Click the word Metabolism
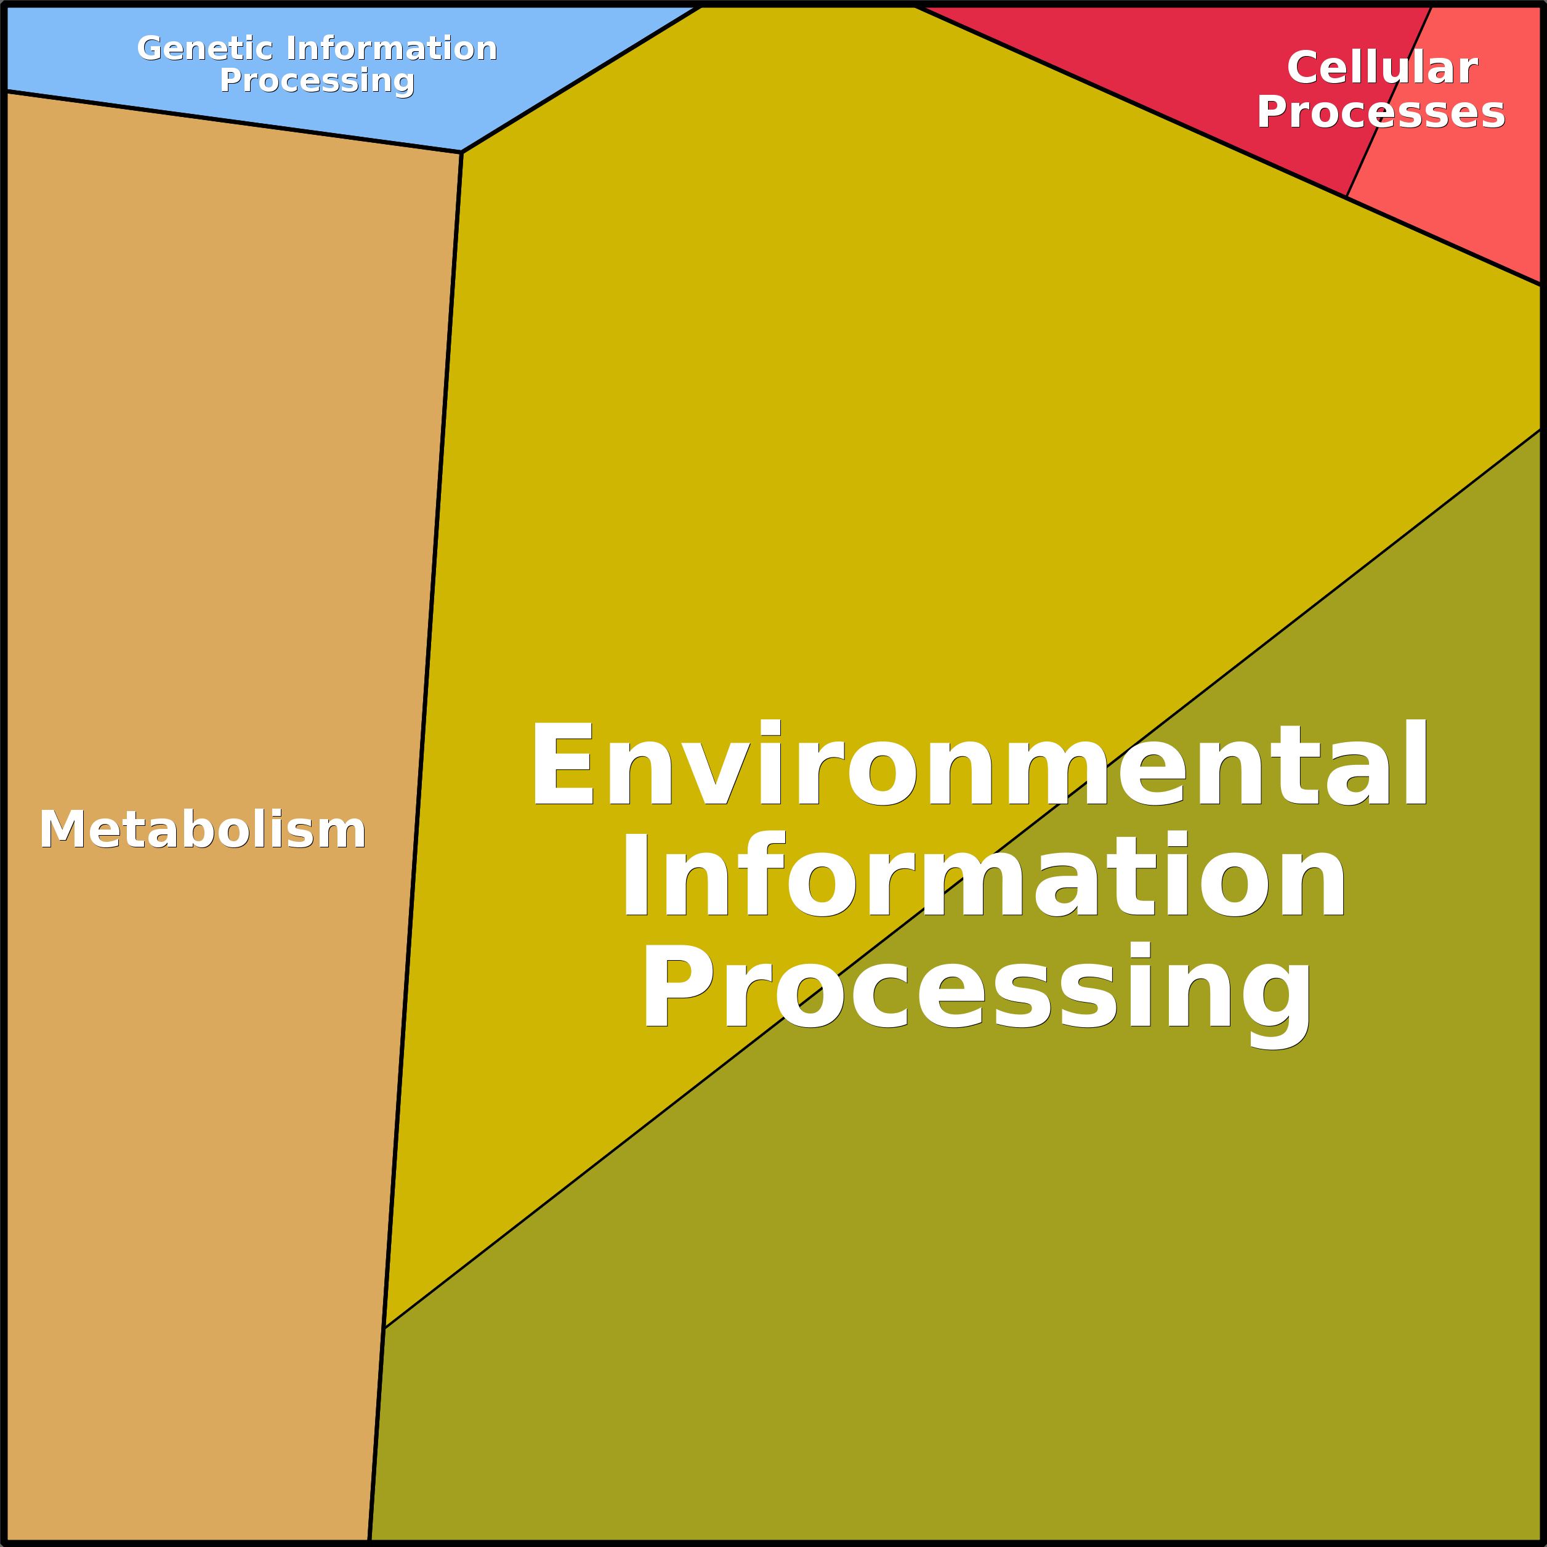[x=203, y=830]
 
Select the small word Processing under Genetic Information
[x=317, y=81]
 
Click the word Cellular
[x=1381, y=68]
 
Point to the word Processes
[x=1381, y=112]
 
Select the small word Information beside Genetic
[x=392, y=49]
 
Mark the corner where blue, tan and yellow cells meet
[x=462, y=152]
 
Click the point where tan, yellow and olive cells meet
[x=384, y=1328]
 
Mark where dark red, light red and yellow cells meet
[x=1346, y=196]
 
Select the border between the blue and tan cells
[x=232, y=122]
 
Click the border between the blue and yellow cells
[x=581, y=80]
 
